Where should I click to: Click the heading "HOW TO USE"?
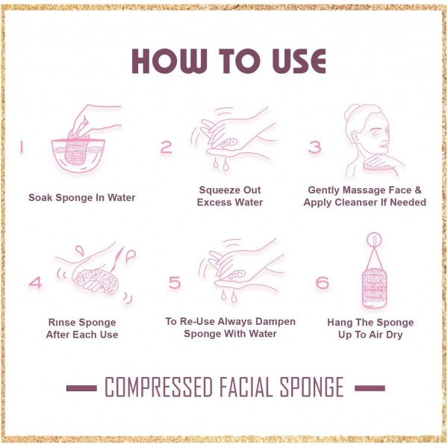(228, 62)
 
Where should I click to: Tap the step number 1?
(22, 147)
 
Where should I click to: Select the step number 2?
(167, 147)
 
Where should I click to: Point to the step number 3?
(314, 147)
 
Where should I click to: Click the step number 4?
(35, 283)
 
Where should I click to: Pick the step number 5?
(175, 283)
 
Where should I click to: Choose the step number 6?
(322, 283)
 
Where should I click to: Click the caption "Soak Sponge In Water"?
(82, 198)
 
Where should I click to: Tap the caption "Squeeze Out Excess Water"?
(230, 196)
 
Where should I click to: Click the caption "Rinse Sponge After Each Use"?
(82, 329)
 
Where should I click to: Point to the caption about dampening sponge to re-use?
(230, 327)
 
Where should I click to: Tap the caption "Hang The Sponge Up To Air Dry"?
(370, 329)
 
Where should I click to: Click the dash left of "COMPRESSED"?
(81, 388)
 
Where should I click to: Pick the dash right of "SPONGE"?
(369, 388)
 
